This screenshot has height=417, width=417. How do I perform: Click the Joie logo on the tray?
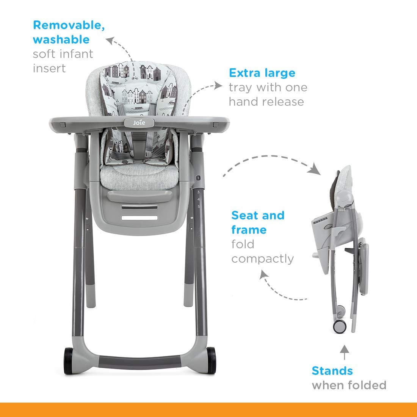138,122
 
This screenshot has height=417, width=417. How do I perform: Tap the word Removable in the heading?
69,25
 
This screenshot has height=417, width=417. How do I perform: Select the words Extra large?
262,73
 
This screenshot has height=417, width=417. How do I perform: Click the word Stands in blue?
332,371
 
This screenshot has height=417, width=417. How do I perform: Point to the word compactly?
263,259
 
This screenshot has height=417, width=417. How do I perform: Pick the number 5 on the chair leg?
198,207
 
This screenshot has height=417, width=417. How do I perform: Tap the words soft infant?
63,54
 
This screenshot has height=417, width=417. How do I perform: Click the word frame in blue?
249,230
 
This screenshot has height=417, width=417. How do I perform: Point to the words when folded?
349,386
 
